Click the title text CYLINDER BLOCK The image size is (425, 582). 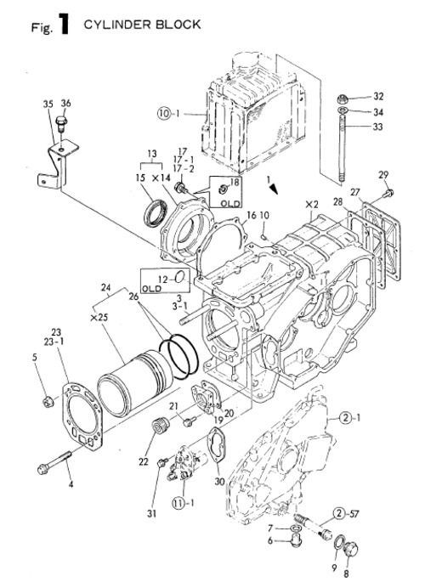click(x=142, y=25)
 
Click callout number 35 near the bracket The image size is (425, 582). click(x=48, y=104)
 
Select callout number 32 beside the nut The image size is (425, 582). click(x=378, y=96)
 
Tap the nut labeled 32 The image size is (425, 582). click(x=342, y=98)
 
